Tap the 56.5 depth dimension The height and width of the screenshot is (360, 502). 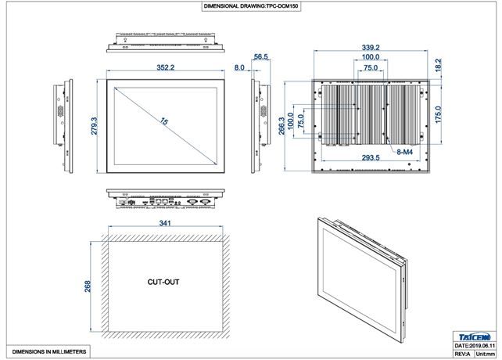coord(261,57)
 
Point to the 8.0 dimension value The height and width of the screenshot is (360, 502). coord(239,68)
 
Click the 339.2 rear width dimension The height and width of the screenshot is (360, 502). coord(372,47)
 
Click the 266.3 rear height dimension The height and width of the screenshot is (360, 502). coord(281,126)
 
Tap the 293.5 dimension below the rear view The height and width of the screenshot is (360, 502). coord(371,157)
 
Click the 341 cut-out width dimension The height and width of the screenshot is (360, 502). coord(165,223)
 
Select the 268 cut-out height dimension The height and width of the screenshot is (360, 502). coord(88,286)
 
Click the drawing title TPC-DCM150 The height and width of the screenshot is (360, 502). coord(250,5)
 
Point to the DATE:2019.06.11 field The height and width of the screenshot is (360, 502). coord(474,344)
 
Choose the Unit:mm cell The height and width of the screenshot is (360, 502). coord(486,353)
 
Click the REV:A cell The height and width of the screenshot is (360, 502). coord(462,353)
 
